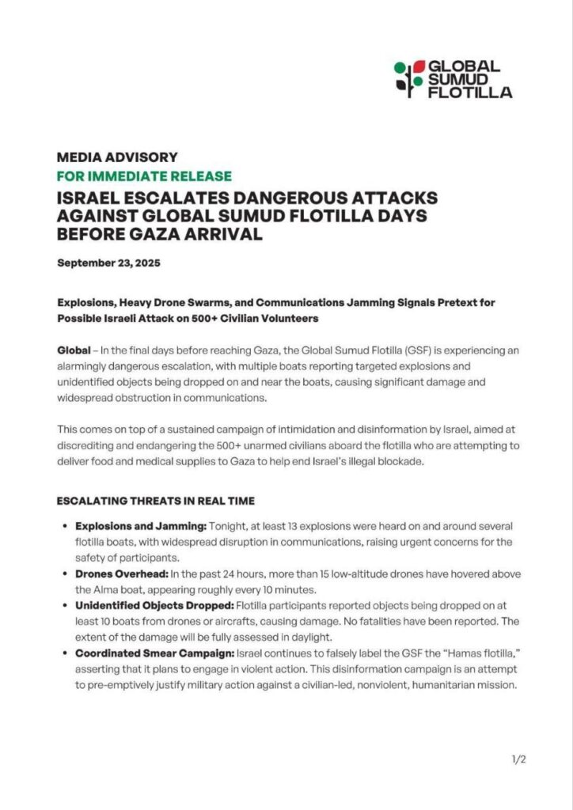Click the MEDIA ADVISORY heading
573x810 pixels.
coord(117,157)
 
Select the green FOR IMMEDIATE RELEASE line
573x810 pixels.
coord(144,176)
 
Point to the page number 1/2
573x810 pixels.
coord(519,759)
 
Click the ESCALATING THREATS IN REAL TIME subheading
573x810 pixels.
coord(155,501)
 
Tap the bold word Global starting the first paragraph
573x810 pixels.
coord(74,350)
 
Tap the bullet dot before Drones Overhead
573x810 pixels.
coord(63,574)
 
